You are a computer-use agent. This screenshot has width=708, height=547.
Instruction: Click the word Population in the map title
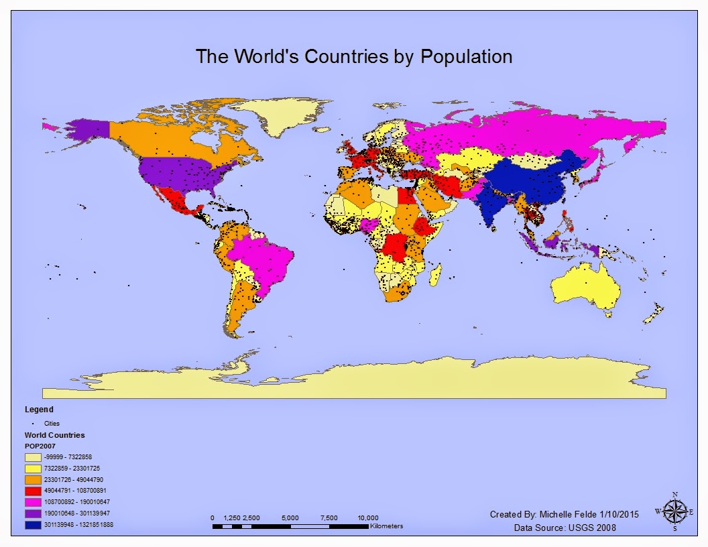click(466, 57)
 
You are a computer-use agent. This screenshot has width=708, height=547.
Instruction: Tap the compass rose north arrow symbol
click(674, 511)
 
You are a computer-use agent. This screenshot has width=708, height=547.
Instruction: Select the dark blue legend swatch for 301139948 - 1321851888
click(34, 525)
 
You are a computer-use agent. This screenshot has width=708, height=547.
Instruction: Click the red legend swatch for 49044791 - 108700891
click(34, 491)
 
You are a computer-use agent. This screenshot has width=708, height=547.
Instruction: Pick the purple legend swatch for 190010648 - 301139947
click(34, 513)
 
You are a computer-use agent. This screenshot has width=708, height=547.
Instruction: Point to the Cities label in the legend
click(52, 424)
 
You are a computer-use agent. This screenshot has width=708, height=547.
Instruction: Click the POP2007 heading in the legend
click(40, 446)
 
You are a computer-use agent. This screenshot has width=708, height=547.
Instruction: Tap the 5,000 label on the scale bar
click(290, 518)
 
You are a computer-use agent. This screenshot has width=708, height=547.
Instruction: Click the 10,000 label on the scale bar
click(367, 518)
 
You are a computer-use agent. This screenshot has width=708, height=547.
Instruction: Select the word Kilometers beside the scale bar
click(386, 526)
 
